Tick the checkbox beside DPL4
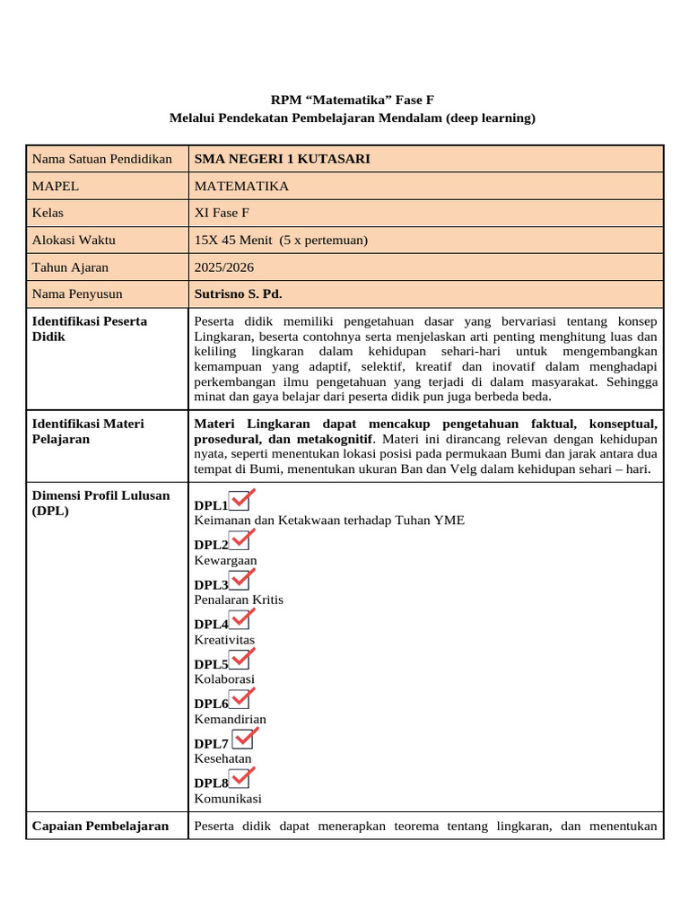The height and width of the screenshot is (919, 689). (240, 620)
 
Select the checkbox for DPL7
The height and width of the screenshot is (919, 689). (242, 740)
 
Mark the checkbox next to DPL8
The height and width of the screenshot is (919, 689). (240, 779)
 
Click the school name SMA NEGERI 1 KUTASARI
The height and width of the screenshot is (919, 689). (282, 159)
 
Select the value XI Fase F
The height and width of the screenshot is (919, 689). (225, 213)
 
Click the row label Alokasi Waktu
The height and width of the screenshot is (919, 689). (74, 240)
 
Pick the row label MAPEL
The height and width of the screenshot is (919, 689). (56, 186)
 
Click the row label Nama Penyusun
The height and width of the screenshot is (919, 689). (77, 293)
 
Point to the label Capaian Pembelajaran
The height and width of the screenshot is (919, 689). (100, 826)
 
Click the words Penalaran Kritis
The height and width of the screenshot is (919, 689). (239, 600)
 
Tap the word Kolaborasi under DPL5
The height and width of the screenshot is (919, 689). (224, 679)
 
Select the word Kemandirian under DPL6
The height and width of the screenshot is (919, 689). (230, 719)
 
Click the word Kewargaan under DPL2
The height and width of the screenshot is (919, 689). (225, 560)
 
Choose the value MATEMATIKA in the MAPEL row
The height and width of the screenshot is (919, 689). (241, 186)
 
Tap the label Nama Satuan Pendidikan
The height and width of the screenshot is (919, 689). (101, 159)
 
